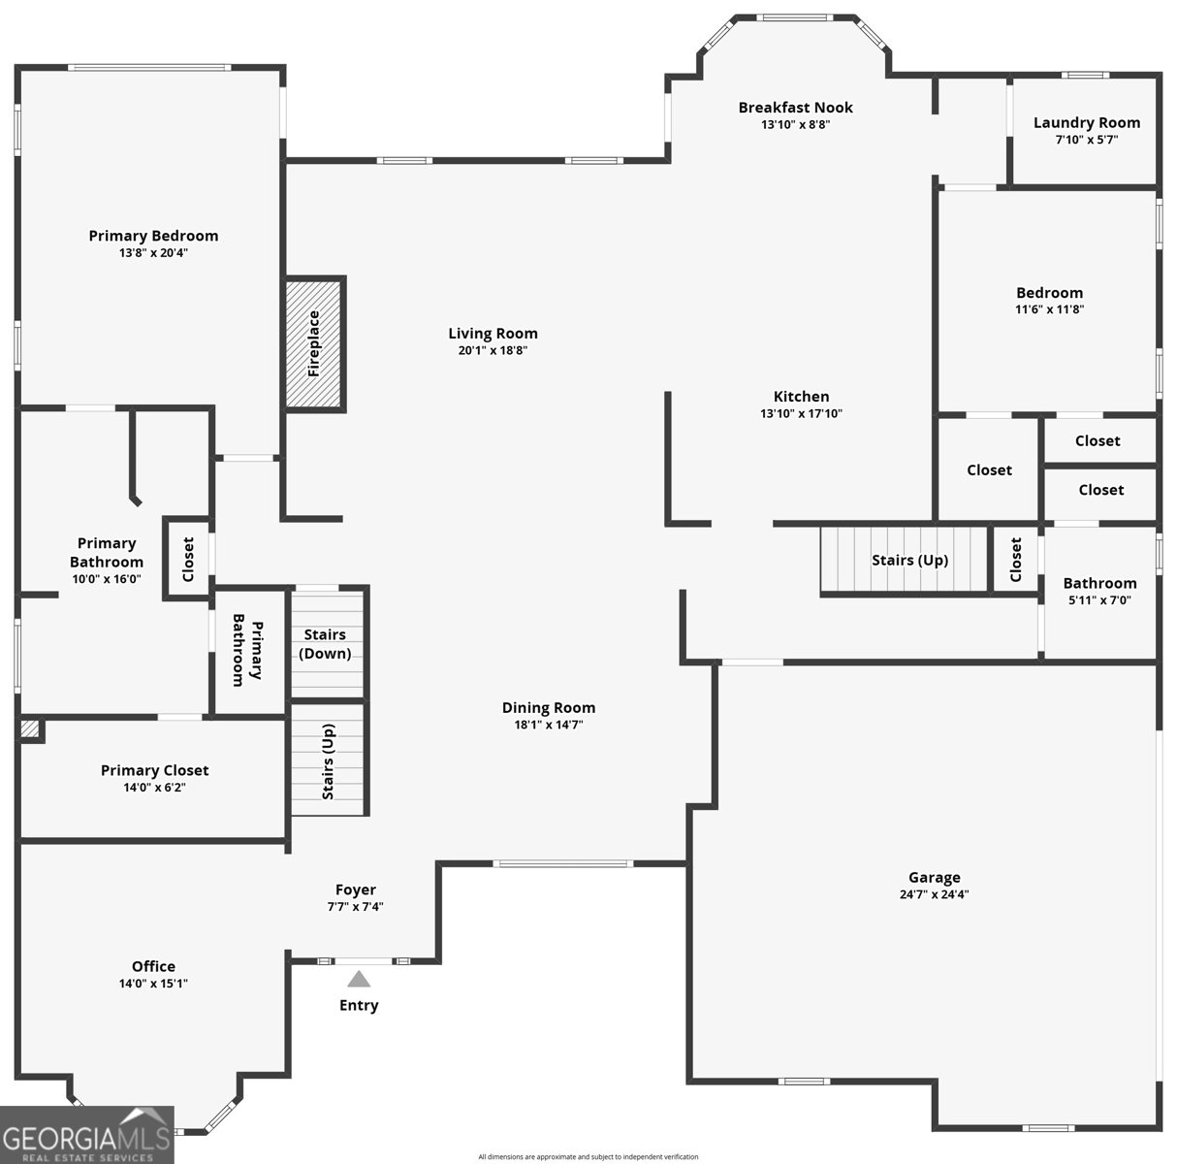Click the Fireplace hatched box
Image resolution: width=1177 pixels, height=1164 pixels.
[x=314, y=343]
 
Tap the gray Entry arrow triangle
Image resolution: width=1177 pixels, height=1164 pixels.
[x=359, y=979]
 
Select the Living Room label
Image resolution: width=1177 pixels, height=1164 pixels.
[x=493, y=333]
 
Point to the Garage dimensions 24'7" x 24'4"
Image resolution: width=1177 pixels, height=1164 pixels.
[x=934, y=893]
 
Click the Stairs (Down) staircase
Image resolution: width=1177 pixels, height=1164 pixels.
[x=327, y=644]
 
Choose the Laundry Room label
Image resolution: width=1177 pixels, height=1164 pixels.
[x=1087, y=122]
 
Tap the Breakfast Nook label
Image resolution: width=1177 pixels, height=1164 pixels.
[x=795, y=107]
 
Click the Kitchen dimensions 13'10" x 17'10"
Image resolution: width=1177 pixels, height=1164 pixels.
[x=801, y=413]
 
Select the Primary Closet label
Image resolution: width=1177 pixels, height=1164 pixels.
[x=154, y=770]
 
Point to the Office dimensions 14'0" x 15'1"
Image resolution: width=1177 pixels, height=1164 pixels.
[x=153, y=983]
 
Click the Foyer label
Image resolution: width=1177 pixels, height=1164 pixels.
[x=356, y=889]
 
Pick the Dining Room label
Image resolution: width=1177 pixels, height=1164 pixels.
[x=549, y=707]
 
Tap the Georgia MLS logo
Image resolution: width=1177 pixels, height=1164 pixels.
[x=86, y=1135]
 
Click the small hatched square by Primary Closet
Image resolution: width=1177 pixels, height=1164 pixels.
[x=29, y=728]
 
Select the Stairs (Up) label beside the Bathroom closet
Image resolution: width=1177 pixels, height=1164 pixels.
[x=909, y=560]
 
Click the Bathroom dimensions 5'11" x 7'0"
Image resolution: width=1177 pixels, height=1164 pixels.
[x=1099, y=599]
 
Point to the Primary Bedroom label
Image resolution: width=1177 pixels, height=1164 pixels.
[x=153, y=236]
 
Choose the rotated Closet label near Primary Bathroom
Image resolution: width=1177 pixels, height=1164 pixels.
[x=188, y=560]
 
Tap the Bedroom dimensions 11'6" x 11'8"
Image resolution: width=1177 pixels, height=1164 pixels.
[x=1049, y=308]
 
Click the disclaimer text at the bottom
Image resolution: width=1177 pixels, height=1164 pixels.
[x=588, y=1156]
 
